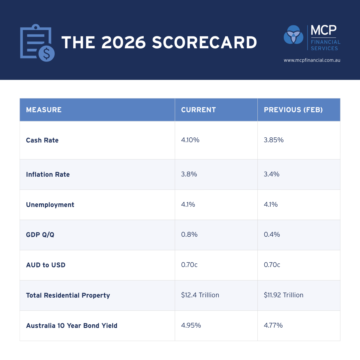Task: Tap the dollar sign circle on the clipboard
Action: pyautogui.click(x=46, y=53)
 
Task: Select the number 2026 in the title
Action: pyautogui.click(x=124, y=42)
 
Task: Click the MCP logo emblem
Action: pyautogui.click(x=293, y=34)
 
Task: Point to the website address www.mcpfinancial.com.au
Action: pyautogui.click(x=312, y=60)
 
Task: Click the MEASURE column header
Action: pyautogui.click(x=44, y=110)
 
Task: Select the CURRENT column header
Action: pyautogui.click(x=199, y=110)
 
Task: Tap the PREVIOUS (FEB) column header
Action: pyautogui.click(x=293, y=110)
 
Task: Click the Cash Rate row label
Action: pyautogui.click(x=42, y=140)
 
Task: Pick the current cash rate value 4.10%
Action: pyautogui.click(x=190, y=140)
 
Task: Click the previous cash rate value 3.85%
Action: pyautogui.click(x=274, y=140)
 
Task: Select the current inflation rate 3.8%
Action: pyautogui.click(x=189, y=174)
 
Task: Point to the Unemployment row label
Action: pyautogui.click(x=50, y=205)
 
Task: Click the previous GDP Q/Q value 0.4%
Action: pyautogui.click(x=272, y=235)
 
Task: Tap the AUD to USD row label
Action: pyautogui.click(x=46, y=265)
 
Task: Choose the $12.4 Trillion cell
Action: pyautogui.click(x=200, y=295)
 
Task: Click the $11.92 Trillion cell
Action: pyautogui.click(x=283, y=295)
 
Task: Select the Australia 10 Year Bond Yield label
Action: pyautogui.click(x=72, y=326)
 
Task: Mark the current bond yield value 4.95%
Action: pyautogui.click(x=191, y=325)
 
